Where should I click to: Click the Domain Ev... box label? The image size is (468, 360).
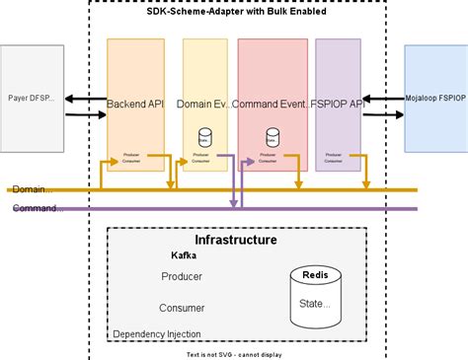pos(205,104)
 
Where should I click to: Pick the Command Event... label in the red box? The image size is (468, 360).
pos(273,104)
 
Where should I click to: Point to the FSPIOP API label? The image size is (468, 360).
pos(338,104)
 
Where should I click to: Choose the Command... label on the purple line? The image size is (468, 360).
pos(38,208)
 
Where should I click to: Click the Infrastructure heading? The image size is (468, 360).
pos(236,240)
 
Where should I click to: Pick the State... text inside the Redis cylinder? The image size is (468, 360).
pos(315,304)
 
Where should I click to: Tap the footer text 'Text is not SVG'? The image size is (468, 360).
pos(235,353)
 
